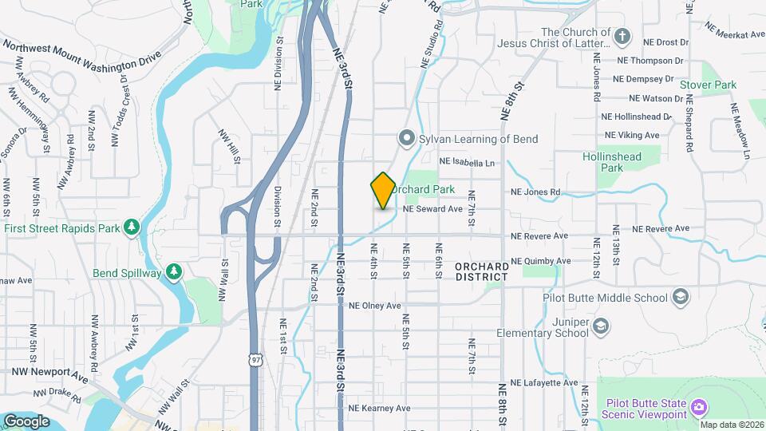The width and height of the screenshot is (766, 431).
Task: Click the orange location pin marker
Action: (x=383, y=191)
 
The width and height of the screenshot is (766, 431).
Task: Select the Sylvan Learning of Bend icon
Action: (x=406, y=139)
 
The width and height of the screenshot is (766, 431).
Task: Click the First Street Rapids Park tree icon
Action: (x=132, y=228)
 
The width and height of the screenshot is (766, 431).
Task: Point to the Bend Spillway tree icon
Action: (x=174, y=272)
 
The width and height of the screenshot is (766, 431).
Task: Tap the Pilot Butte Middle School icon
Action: (x=680, y=299)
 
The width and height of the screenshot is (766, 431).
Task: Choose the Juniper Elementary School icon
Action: (x=601, y=325)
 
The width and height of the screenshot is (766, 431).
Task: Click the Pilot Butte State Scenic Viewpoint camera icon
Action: (x=699, y=408)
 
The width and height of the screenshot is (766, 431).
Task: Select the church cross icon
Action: (x=622, y=37)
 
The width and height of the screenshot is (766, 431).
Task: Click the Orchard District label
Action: (x=482, y=271)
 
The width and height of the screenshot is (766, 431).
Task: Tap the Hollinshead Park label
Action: (x=612, y=163)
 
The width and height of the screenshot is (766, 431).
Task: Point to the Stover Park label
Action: (x=708, y=85)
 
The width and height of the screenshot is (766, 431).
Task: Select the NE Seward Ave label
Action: (x=433, y=209)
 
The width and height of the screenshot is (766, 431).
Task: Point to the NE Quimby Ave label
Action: (x=541, y=261)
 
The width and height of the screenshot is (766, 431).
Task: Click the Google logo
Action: (x=26, y=421)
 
